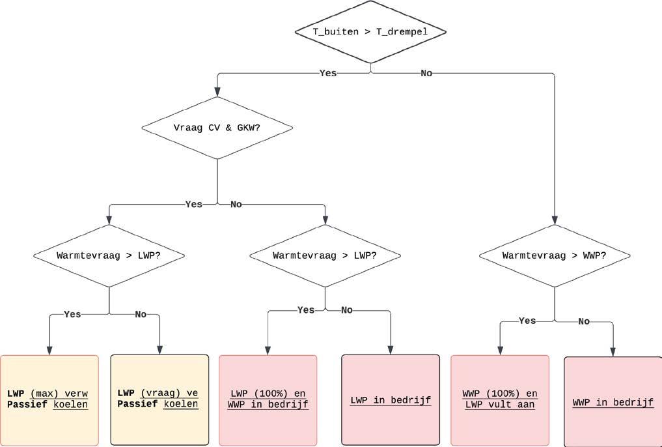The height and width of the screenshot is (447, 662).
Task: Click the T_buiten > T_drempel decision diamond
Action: point(370,31)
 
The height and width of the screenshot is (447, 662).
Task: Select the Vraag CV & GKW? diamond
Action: point(217,128)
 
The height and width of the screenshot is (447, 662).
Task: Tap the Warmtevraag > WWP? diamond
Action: point(555,255)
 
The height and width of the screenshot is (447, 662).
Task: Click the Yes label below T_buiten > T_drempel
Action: point(328,73)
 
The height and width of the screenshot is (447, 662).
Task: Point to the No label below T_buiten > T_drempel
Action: point(426,73)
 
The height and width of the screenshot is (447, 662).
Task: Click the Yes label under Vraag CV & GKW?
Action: point(194,205)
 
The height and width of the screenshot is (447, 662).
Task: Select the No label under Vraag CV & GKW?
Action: point(236,205)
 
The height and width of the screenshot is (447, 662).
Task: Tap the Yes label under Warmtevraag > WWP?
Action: point(527,321)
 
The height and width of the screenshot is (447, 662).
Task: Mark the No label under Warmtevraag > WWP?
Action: point(584,321)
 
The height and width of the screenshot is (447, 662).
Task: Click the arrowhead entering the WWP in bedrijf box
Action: point(613,353)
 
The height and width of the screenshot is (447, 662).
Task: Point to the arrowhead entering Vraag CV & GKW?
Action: point(217,93)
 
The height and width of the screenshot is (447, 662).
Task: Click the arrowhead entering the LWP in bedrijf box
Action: point(391,351)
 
